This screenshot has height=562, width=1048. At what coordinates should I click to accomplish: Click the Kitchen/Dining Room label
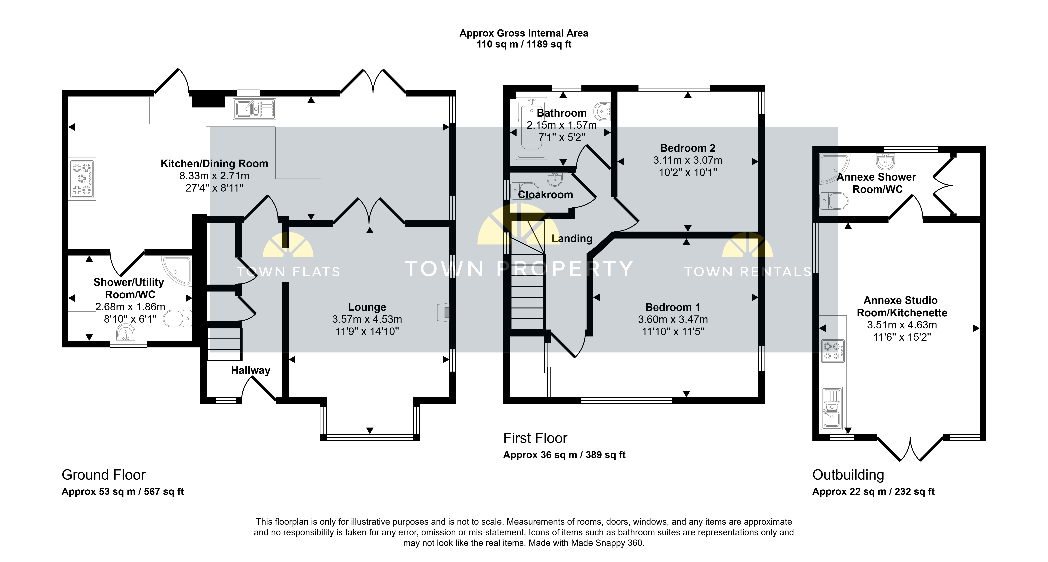point(214,163)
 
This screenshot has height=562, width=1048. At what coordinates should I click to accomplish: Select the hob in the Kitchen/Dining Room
point(82,179)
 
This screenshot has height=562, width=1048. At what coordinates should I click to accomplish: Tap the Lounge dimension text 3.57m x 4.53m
point(367,319)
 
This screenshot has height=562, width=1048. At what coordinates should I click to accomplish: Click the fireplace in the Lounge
point(444,312)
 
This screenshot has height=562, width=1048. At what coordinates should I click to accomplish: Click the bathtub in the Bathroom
point(531,129)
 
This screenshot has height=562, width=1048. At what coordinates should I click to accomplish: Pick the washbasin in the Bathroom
point(602,111)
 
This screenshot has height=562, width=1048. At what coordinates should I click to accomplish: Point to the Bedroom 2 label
point(688,148)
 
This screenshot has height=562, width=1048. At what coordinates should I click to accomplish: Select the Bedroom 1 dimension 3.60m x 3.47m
point(673,320)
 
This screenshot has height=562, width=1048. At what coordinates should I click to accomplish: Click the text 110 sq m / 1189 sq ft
point(524,44)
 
